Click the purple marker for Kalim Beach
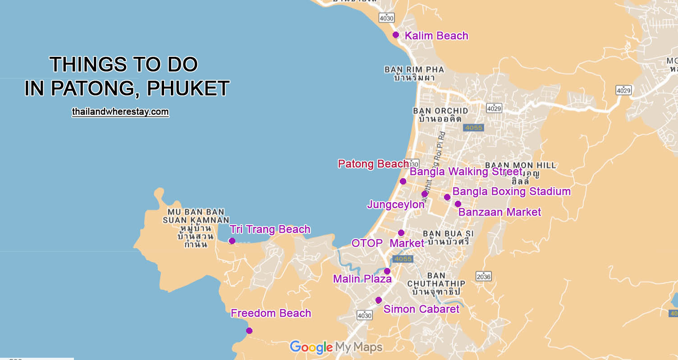pos(396,35)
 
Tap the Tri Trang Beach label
pos(270,229)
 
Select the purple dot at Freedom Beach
pos(249,331)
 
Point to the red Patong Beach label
pos(373,164)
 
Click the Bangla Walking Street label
pos(466,172)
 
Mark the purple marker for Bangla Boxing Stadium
pos(447,197)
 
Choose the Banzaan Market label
pos(499,212)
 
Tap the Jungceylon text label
pos(396,204)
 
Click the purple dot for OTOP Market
pos(401,233)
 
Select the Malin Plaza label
pos(362,279)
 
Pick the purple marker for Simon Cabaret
pos(379,300)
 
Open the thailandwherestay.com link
pos(120,111)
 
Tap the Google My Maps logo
pos(336,347)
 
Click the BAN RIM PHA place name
pos(414,70)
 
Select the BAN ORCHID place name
pos(440,111)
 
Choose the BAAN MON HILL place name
pos(520,166)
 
